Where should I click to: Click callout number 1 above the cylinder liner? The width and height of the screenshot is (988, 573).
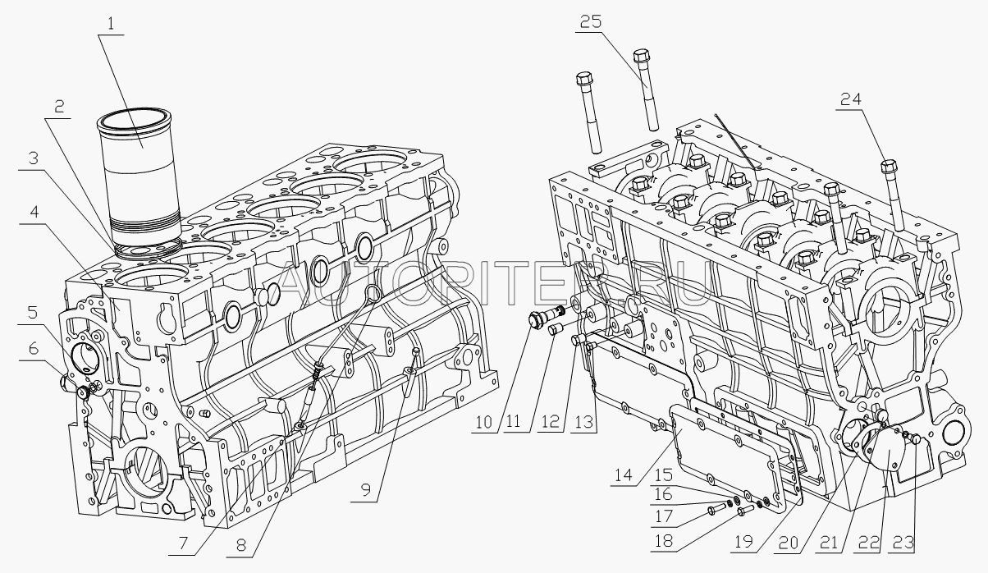coord(111,23)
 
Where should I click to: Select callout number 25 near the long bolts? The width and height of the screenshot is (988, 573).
coord(591,21)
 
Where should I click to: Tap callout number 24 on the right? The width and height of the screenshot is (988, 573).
coord(850,99)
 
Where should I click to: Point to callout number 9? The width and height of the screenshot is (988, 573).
coord(366,491)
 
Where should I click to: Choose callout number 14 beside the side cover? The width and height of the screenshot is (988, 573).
coord(623,474)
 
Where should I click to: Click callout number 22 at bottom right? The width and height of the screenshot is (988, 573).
coord(868,543)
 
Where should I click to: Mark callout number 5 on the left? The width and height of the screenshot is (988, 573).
coord(33,312)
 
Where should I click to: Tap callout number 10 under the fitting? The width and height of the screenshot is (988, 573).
coord(484,422)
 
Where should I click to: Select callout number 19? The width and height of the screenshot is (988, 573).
coord(743,542)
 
